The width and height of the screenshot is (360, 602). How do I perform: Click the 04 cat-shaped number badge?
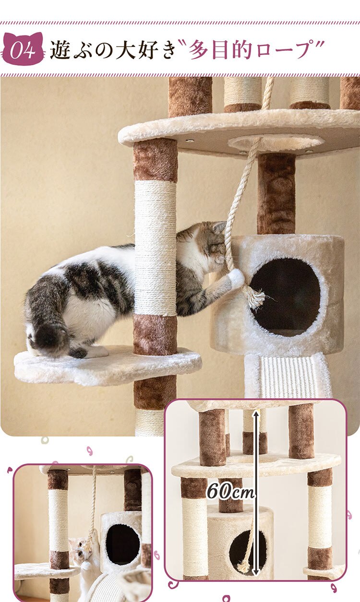23,48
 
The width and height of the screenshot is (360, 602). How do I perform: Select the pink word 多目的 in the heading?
220,49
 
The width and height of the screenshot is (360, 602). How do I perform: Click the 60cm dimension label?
230,492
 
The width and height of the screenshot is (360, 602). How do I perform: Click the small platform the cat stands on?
108,365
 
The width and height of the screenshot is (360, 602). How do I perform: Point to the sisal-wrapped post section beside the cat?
156,248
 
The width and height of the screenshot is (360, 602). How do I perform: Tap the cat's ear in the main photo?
219,226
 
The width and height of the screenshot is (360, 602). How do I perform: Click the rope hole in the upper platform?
276,142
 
